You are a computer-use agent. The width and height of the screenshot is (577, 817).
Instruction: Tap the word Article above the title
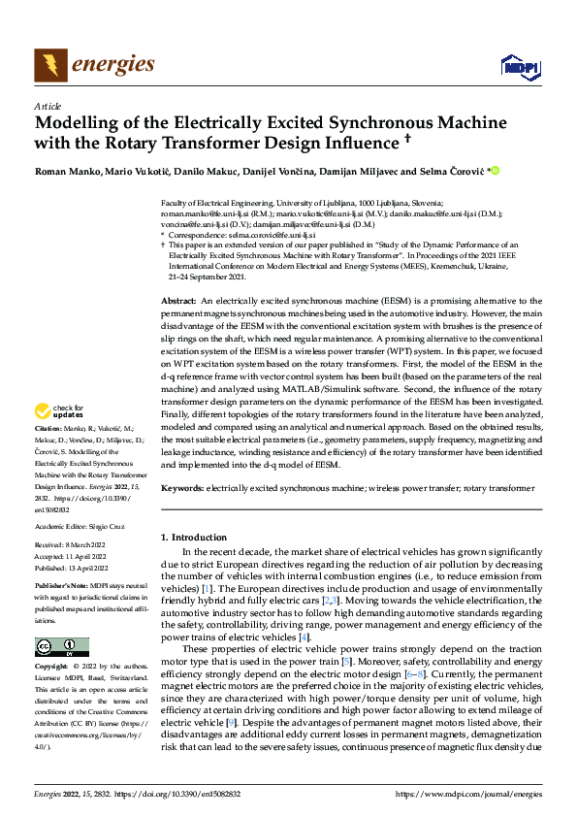tap(48, 106)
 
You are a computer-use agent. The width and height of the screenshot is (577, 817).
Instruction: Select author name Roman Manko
tap(66, 172)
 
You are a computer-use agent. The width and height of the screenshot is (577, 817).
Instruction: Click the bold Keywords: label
tap(183, 489)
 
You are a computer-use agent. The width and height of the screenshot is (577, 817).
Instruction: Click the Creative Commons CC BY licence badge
tap(61, 647)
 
